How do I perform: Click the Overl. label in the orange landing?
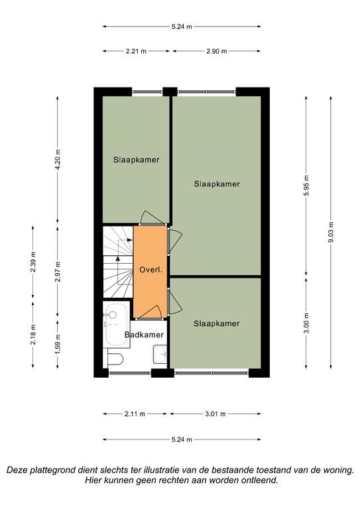pos(150,270)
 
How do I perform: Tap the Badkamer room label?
pos(144,335)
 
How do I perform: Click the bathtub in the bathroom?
pos(115,325)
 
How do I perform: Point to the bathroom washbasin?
pos(160,354)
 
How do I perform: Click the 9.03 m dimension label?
pos(331,232)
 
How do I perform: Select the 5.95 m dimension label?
pos(306,185)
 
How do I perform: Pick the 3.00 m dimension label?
pos(306,323)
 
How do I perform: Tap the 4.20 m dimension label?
pos(58,159)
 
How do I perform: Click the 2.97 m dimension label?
pos(58,271)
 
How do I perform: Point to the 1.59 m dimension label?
pos(58,344)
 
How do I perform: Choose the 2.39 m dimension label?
pos(33,262)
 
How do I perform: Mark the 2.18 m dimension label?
pos(33,335)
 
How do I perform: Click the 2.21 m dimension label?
pos(136,51)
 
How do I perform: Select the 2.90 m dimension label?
pos(217,51)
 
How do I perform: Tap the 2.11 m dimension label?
pos(135,414)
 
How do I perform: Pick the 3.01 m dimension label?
pos(215,414)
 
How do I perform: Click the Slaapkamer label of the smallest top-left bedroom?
pos(137,160)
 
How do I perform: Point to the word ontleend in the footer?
pos(259,480)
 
